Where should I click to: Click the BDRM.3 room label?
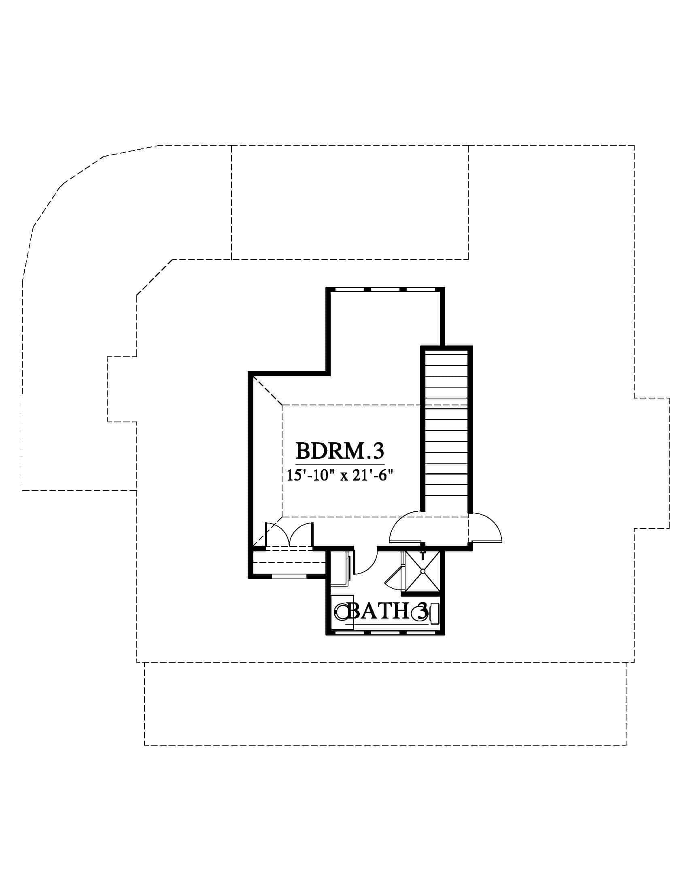(x=340, y=451)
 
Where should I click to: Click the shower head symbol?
(x=423, y=553)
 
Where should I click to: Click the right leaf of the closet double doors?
(x=302, y=532)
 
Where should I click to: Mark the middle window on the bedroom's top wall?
(x=385, y=289)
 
